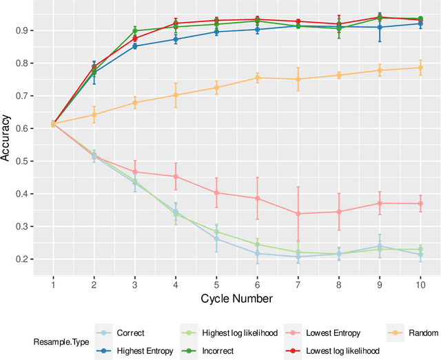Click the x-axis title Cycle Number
[x=236, y=299]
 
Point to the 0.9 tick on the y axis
[x=21, y=30]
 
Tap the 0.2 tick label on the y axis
[x=21, y=259]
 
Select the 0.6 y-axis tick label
[x=21, y=128]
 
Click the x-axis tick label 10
[x=420, y=283]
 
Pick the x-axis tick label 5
[x=216, y=283]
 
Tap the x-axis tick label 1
[x=53, y=283]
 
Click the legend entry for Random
[x=413, y=333]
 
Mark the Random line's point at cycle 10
[x=420, y=68]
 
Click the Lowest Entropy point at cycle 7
[x=298, y=214]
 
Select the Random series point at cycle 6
[x=257, y=78]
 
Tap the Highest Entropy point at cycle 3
[x=135, y=46]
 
